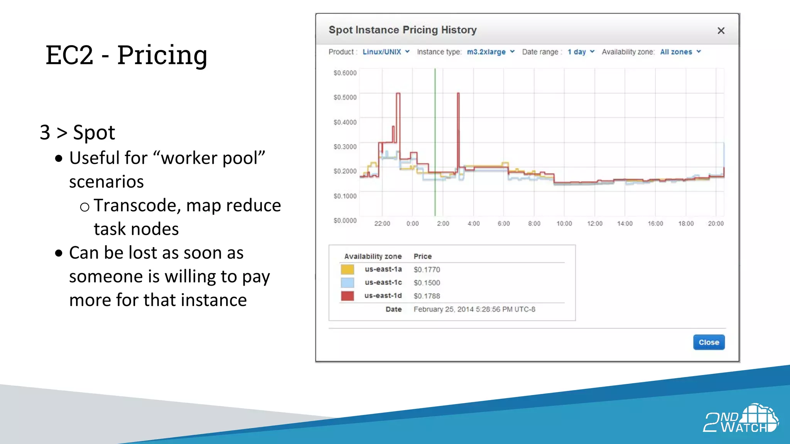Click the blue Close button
coord(709,342)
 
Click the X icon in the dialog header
coord(721,31)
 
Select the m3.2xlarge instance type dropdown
coord(490,52)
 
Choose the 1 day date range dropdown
coord(581,52)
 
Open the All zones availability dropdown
coord(680,52)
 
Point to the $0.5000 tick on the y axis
coord(345,97)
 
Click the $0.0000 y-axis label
coord(345,220)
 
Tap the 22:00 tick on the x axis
coord(382,224)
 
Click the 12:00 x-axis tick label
coord(594,224)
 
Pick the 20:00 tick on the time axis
coord(716,224)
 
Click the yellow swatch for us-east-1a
coord(347,269)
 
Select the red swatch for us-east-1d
coord(347,296)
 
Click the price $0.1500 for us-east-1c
coord(427,283)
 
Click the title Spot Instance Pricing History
coord(402,30)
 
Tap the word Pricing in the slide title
coord(162,55)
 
